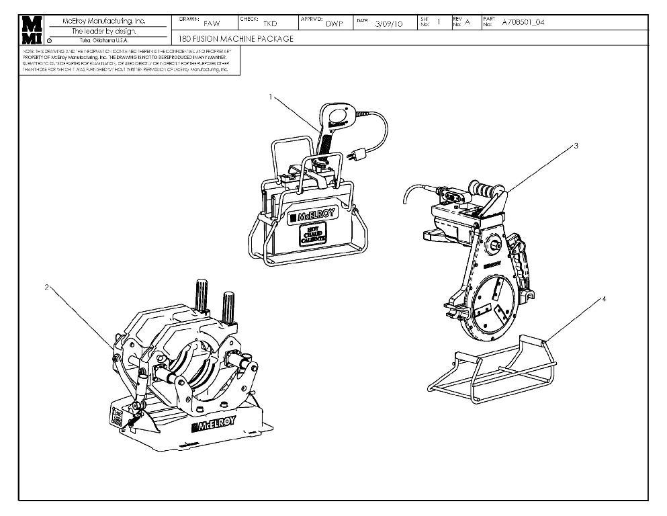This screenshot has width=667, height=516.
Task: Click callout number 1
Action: coord(270,97)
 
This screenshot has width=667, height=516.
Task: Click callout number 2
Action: coord(46,287)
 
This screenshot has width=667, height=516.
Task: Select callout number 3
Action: coord(576,145)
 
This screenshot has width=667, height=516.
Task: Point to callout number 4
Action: coord(603,299)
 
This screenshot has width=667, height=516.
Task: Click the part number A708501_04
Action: coord(524,22)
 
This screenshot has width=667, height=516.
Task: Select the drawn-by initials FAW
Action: coord(212,23)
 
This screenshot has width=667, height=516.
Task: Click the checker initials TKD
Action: coord(270,24)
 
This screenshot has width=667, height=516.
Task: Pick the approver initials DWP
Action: coord(335,24)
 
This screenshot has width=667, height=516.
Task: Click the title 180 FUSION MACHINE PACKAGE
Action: coord(236,39)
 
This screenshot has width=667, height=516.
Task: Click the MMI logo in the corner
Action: coord(32,30)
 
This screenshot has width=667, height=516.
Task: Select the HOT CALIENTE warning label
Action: coord(312,235)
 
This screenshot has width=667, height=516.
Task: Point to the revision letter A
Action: coord(468,21)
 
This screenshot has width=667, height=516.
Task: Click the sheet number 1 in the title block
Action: coord(439,21)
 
